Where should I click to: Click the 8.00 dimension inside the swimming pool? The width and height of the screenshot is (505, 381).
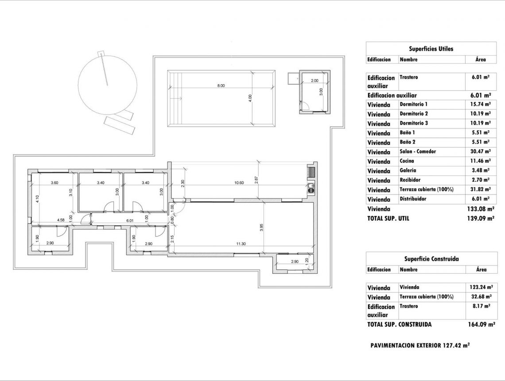[221, 86]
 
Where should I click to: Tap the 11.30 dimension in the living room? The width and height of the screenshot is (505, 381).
[241, 244]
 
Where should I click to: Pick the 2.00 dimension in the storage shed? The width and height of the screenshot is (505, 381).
[314, 81]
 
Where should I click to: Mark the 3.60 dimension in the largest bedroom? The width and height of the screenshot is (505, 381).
[54, 183]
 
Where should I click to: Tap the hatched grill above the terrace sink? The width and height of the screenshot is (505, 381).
[311, 172]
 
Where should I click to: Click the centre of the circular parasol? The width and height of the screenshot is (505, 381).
[107, 84]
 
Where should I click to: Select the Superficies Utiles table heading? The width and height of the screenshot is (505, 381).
[431, 49]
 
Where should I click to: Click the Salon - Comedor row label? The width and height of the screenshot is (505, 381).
[417, 152]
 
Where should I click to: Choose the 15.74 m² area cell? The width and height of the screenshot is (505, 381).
[481, 105]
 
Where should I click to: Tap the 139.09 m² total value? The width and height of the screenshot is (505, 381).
[481, 218]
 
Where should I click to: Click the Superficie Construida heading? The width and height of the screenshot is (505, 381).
[431, 259]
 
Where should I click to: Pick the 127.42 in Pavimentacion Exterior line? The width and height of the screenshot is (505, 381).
[452, 345]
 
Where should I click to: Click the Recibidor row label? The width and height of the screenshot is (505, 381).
[410, 180]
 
